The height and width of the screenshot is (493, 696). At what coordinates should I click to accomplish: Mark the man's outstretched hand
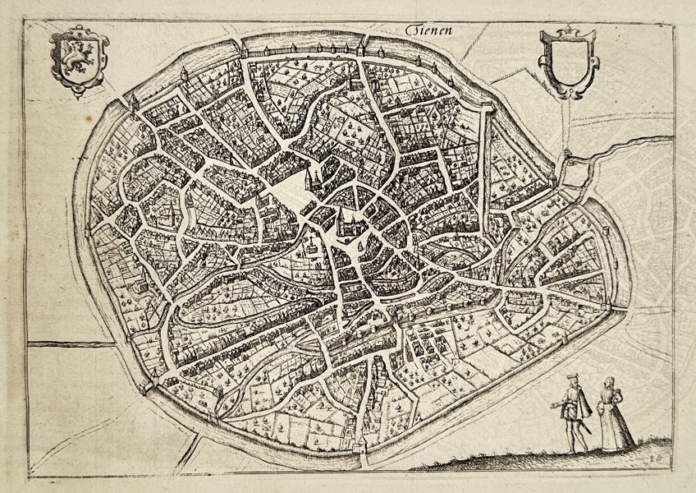[x=558, y=404]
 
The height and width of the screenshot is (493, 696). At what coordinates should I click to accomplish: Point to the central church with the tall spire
[x=345, y=222]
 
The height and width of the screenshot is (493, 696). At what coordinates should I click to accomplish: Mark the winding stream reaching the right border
[x=640, y=148]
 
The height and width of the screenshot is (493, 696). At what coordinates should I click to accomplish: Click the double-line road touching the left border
[x=66, y=343]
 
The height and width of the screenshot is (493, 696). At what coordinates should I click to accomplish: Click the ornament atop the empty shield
[x=566, y=32]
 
